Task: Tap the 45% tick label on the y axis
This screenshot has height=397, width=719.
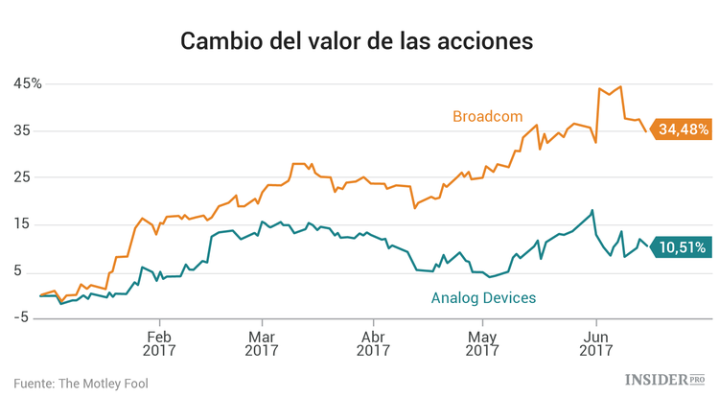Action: tap(27, 83)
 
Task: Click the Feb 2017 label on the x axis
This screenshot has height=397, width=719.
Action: tap(159, 343)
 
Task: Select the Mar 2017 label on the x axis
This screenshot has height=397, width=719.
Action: tap(262, 343)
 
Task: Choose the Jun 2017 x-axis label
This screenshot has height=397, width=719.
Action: tap(596, 343)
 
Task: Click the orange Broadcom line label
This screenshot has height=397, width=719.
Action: tap(487, 117)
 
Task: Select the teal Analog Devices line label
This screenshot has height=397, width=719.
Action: tap(483, 298)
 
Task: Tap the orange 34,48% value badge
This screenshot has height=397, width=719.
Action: tap(682, 128)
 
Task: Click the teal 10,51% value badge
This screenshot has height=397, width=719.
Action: tap(682, 247)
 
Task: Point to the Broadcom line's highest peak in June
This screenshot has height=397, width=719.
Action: tap(621, 86)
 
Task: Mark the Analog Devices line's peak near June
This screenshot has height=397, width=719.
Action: tap(592, 210)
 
